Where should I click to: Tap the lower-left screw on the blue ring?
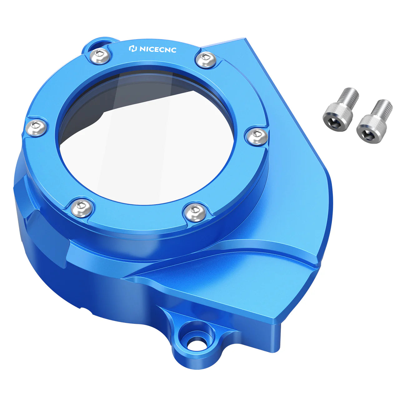coord(81,208)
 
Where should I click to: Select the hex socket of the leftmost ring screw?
coord(35,126)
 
